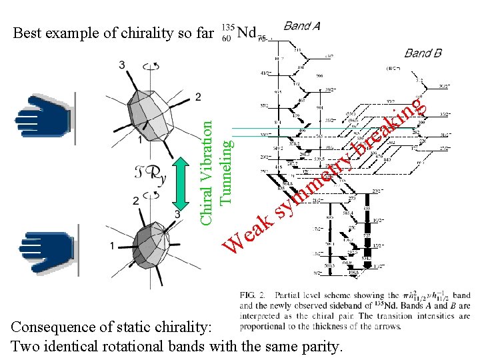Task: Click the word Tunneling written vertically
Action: point(226,170)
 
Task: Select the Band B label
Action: point(423,53)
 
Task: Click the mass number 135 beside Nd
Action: point(227,27)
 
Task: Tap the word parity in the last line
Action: point(320,347)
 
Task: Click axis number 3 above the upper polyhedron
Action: point(122,65)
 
